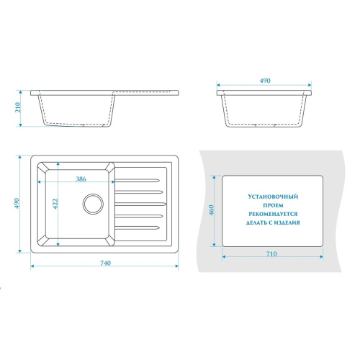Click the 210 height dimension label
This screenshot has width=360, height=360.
[18, 108]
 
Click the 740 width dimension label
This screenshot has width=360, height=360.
[105, 263]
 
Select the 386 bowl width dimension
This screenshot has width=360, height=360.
[81, 179]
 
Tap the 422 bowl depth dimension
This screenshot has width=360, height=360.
[55, 204]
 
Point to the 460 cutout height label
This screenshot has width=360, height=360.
[211, 210]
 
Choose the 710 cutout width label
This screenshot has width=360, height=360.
[271, 254]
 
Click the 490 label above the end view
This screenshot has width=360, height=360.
[265, 81]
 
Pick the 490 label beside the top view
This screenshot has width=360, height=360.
[17, 204]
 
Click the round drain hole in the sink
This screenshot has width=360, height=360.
[93, 204]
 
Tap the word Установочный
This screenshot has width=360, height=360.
[273, 197]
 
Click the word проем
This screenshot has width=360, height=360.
[273, 205]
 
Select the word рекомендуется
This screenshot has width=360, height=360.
[273, 214]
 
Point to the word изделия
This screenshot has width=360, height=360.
[287, 222]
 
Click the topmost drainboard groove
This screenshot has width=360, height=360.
[138, 180]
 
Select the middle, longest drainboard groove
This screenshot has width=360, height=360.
[140, 204]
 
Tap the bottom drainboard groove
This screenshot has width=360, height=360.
[138, 228]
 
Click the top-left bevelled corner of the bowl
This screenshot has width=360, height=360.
[42, 167]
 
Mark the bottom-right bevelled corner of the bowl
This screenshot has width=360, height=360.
[110, 241]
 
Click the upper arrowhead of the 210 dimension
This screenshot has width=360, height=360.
[20, 92]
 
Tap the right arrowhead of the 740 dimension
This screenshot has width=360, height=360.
[176, 266]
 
